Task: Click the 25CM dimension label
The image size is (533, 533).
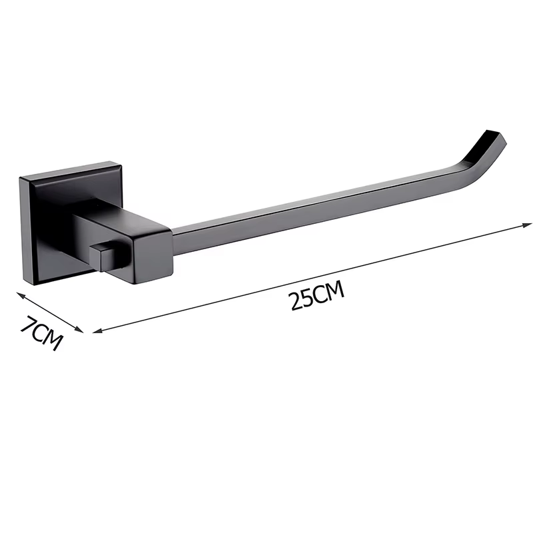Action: (317, 295)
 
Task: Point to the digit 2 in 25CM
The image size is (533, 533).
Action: (296, 302)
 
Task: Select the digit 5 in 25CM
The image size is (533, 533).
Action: (308, 298)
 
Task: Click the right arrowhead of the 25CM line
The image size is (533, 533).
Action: (526, 225)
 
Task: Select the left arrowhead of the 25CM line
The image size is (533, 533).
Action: (97, 330)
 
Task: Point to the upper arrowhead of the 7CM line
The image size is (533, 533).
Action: (21, 295)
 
